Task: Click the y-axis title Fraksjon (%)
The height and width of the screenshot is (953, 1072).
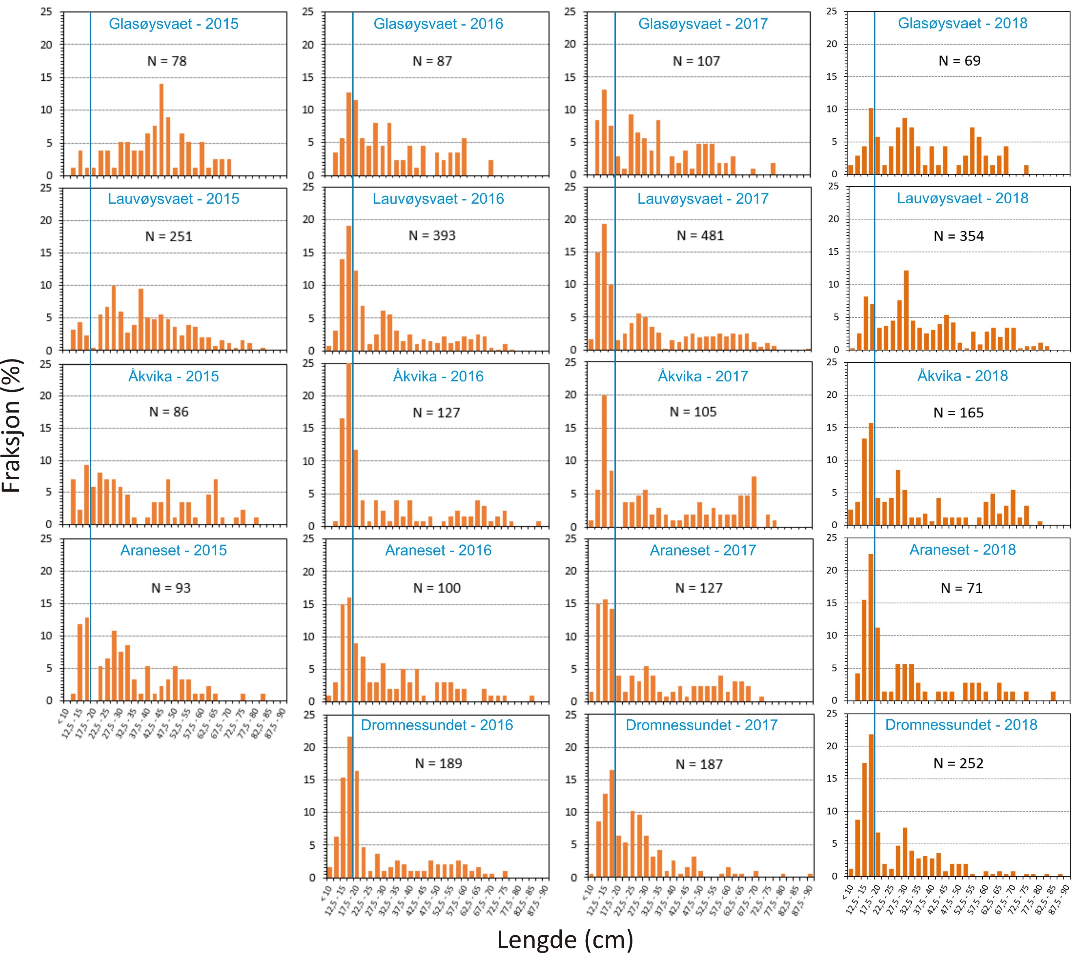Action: tap(11, 425)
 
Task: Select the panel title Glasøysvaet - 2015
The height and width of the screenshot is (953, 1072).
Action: tap(174, 24)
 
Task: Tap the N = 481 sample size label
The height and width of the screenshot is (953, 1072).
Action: tap(700, 236)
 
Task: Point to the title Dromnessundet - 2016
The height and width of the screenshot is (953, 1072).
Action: tap(437, 725)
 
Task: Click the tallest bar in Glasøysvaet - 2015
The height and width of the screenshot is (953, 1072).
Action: tap(162, 129)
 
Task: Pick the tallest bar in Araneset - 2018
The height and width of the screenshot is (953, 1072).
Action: tap(871, 627)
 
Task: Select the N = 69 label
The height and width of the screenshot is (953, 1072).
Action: tap(959, 61)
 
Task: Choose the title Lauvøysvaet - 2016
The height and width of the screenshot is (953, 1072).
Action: tap(438, 199)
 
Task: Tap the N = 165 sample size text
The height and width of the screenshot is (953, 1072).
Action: tap(958, 413)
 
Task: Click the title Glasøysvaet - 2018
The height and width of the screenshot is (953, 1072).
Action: tap(962, 23)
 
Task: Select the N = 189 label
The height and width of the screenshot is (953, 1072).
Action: tap(438, 763)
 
